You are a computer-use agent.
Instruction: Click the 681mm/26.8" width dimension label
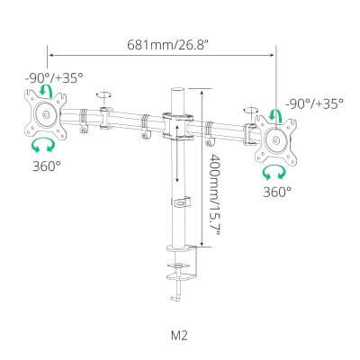coord(167,45)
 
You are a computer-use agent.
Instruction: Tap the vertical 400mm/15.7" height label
coord(214,194)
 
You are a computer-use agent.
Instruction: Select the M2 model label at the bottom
coord(179,335)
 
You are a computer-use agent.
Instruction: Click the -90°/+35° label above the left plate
coord(54,78)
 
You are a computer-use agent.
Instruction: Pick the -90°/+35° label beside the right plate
coord(315,103)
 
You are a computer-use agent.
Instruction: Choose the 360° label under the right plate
coord(277,192)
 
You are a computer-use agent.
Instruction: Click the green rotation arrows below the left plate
coord(43,146)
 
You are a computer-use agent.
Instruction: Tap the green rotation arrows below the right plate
coord(274,173)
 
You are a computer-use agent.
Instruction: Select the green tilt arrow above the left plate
coord(46,90)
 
